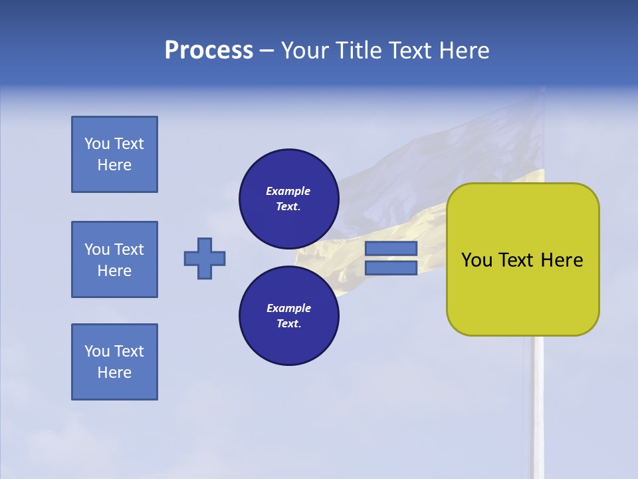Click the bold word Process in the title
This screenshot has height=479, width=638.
(209, 51)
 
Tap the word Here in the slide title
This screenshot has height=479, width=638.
(463, 51)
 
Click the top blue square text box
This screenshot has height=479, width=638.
(114, 154)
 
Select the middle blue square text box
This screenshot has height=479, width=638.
(114, 259)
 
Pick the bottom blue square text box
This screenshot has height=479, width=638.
(114, 362)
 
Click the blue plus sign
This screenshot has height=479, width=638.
(205, 258)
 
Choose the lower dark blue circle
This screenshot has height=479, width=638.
(288, 315)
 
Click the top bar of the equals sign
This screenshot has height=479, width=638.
(391, 248)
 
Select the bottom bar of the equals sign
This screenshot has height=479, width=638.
(391, 268)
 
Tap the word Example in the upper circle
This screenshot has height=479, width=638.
(288, 191)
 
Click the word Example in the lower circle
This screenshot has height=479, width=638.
(288, 308)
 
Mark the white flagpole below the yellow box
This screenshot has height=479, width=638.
(538, 399)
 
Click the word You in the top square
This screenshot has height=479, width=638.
(97, 144)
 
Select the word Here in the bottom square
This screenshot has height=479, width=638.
(114, 373)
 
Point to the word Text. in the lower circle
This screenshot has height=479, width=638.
(288, 324)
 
